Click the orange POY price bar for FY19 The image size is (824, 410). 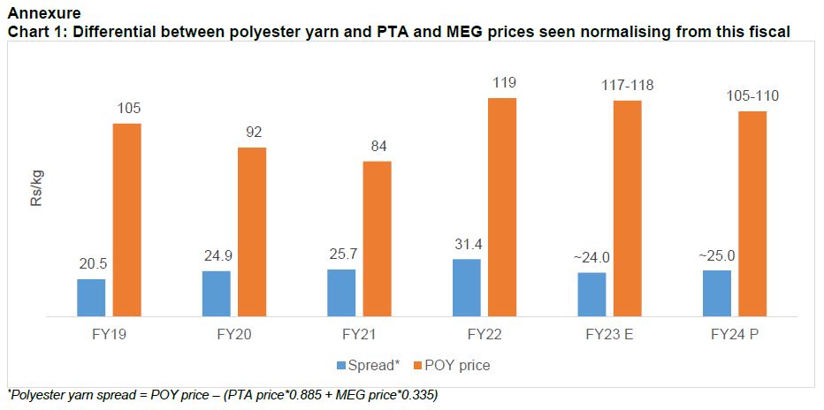click(127, 219)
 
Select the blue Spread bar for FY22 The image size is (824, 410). click(466, 287)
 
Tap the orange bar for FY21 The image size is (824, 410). click(377, 239)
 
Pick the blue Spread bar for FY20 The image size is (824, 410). click(216, 293)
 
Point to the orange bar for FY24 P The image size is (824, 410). click(752, 213)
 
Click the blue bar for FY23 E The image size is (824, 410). click(591, 294)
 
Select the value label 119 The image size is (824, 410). click(503, 83)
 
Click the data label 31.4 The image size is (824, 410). click(466, 245)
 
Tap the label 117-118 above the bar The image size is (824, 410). click(628, 85)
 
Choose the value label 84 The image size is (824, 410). click(378, 147)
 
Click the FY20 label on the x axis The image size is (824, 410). click(233, 336)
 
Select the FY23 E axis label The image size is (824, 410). click(609, 336)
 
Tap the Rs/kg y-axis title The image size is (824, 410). click(36, 189)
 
